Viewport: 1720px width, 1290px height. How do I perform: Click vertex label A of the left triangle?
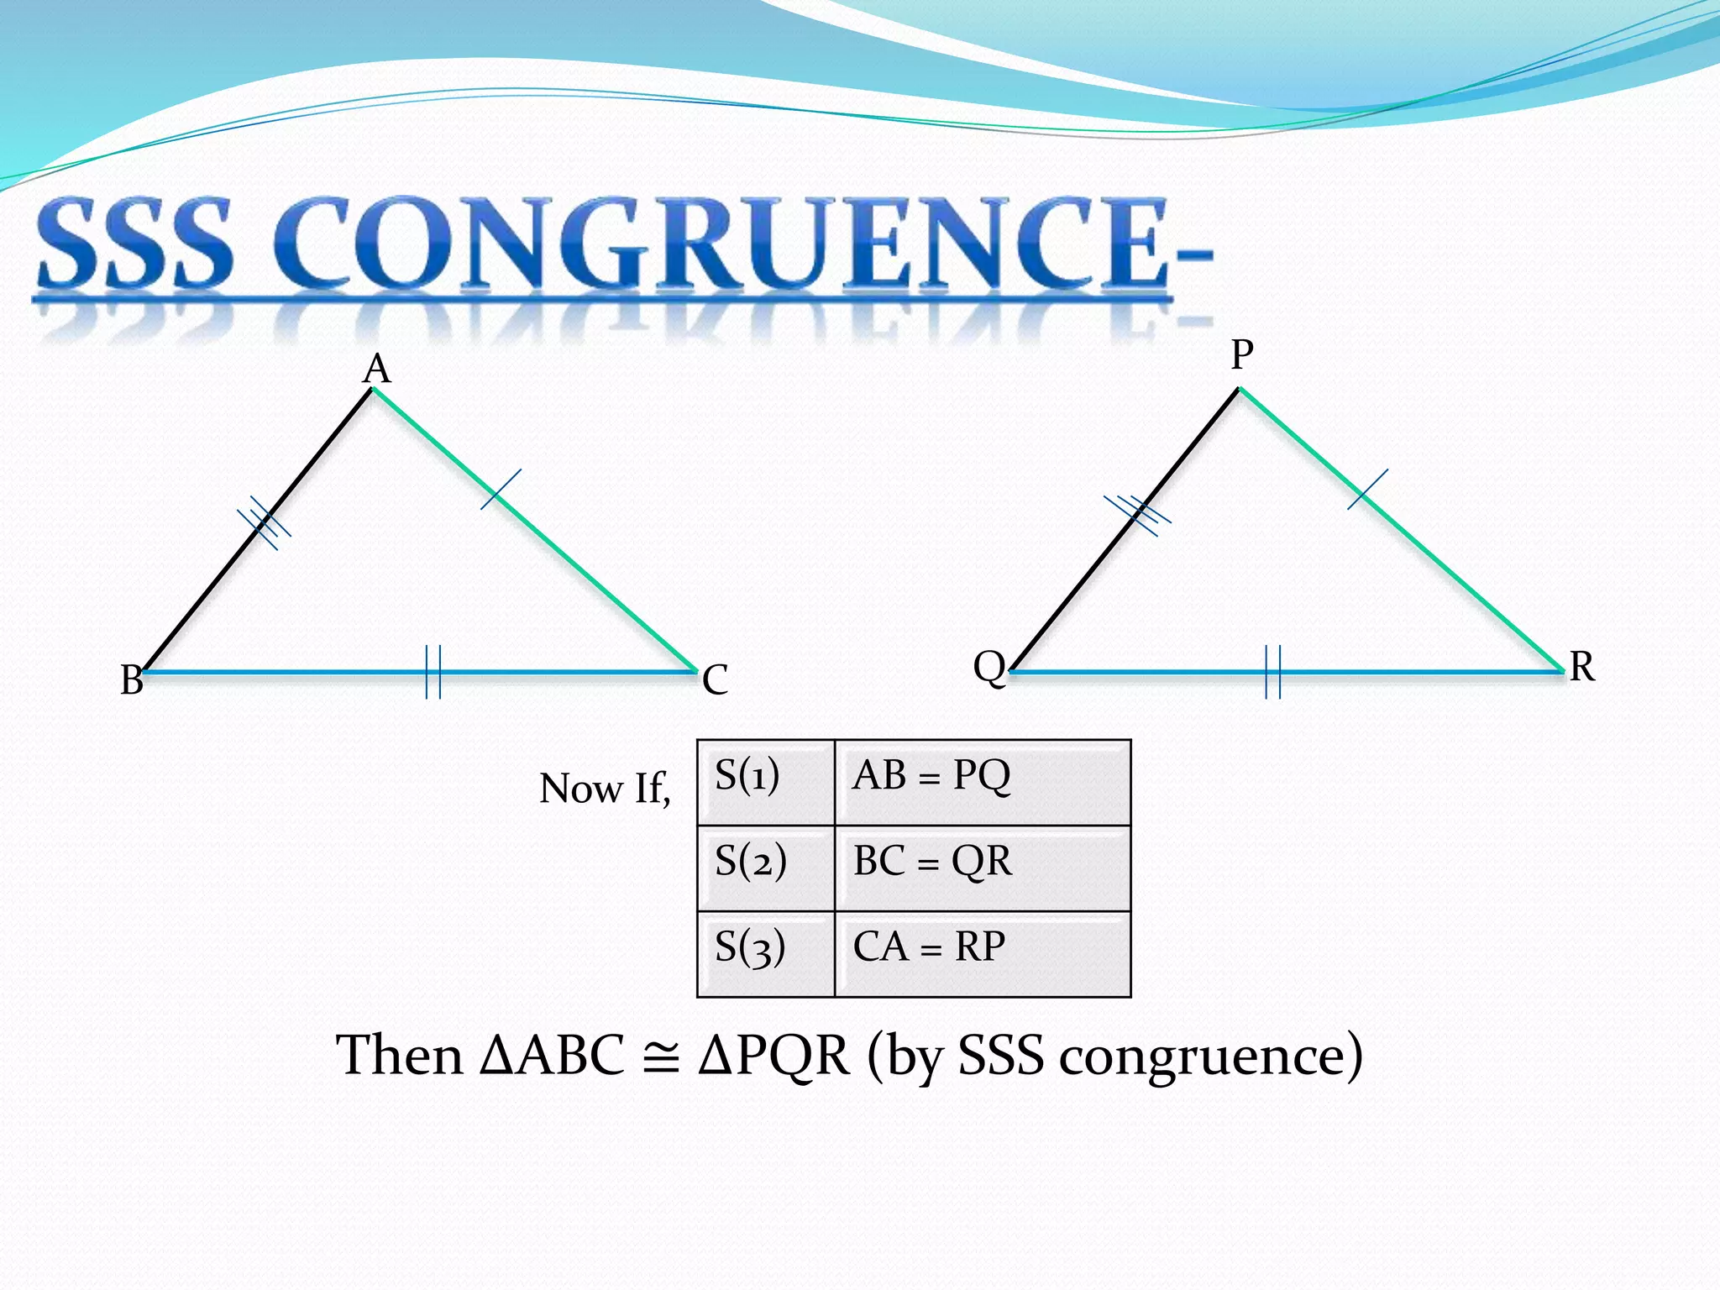coord(377,370)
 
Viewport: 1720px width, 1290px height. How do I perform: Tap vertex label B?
coord(132,680)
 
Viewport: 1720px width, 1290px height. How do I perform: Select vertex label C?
coord(716,680)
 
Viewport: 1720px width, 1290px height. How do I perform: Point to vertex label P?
coord(1242,354)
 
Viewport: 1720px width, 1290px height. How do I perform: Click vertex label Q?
coord(989,668)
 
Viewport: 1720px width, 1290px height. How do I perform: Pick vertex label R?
coord(1582,668)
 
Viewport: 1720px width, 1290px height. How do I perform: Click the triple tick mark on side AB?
coord(265,523)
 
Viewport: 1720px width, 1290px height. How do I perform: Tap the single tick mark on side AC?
coord(501,490)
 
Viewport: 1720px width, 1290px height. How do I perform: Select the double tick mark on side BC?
coord(433,672)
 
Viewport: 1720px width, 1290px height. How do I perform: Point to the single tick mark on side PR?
coord(1367,490)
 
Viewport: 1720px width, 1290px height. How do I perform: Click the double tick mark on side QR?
coord(1273,672)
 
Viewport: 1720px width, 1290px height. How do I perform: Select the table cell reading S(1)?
coord(766,783)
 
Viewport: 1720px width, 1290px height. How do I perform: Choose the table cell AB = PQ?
coord(983,783)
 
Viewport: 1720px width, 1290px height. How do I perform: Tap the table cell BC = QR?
coord(983,868)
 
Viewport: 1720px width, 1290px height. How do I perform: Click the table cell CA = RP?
coord(983,954)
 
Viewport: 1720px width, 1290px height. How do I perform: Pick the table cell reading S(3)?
coord(766,954)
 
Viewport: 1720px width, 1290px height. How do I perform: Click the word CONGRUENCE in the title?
coord(722,244)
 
